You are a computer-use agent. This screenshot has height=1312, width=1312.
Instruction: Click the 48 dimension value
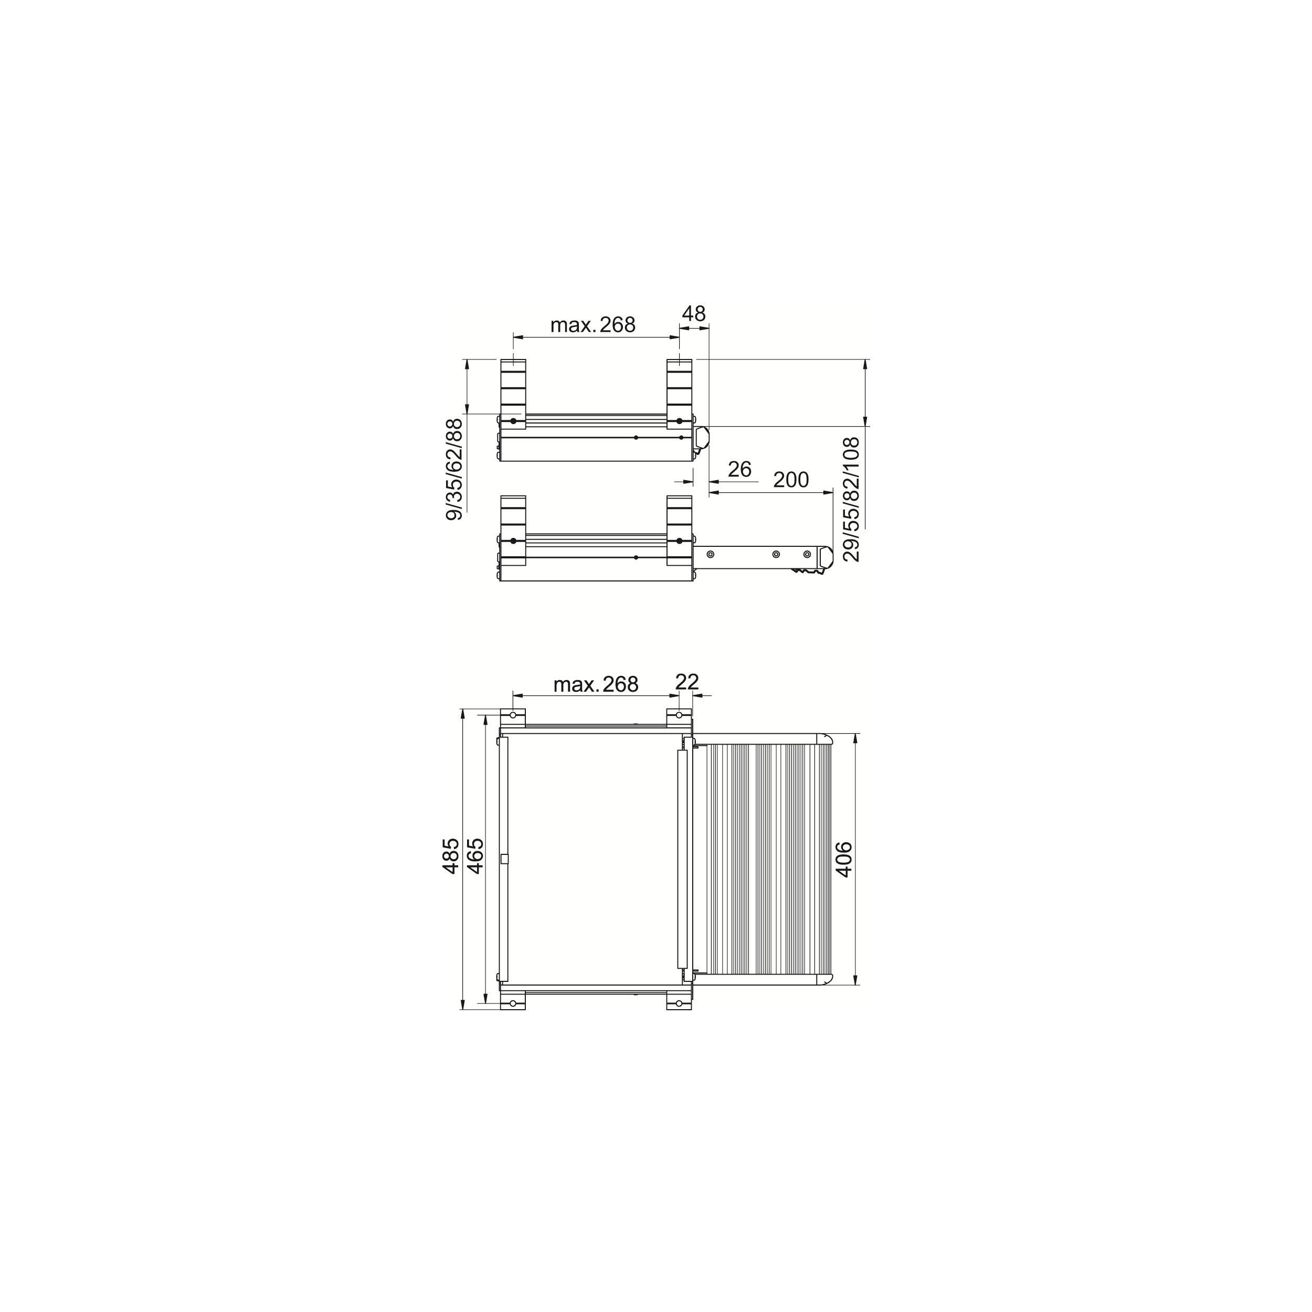[x=693, y=314]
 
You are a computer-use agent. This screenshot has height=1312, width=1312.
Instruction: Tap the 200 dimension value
[x=791, y=480]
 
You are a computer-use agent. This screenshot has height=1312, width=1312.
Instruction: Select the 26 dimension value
[x=739, y=469]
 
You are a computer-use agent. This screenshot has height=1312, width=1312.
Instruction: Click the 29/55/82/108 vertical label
[x=851, y=500]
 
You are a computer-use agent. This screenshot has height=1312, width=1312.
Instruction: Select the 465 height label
[x=475, y=855]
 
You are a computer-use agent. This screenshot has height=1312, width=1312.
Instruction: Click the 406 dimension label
[x=843, y=859]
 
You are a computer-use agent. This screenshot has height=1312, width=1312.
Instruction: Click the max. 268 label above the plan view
[x=596, y=684]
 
